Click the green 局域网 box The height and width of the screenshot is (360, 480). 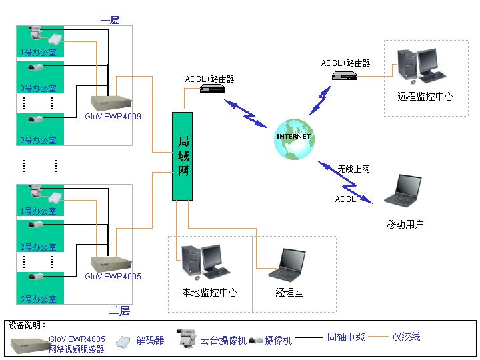click(183, 156)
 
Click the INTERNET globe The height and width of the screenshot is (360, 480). click(293, 138)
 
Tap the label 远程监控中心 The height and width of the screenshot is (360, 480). click(425, 97)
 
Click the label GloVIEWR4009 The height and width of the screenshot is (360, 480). click(113, 116)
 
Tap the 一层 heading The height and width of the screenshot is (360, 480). click(109, 20)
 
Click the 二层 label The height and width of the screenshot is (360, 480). click(119, 311)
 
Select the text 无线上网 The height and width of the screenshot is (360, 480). click(353, 169)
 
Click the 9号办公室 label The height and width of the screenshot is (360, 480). click(38, 140)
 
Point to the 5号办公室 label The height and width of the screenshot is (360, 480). click(38, 299)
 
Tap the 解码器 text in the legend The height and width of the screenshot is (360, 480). click(150, 340)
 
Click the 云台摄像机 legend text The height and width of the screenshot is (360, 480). click(214, 340)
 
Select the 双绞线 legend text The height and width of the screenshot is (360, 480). click(406, 337)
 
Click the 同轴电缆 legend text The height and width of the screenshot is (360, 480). click(346, 337)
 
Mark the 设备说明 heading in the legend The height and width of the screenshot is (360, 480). click(27, 325)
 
